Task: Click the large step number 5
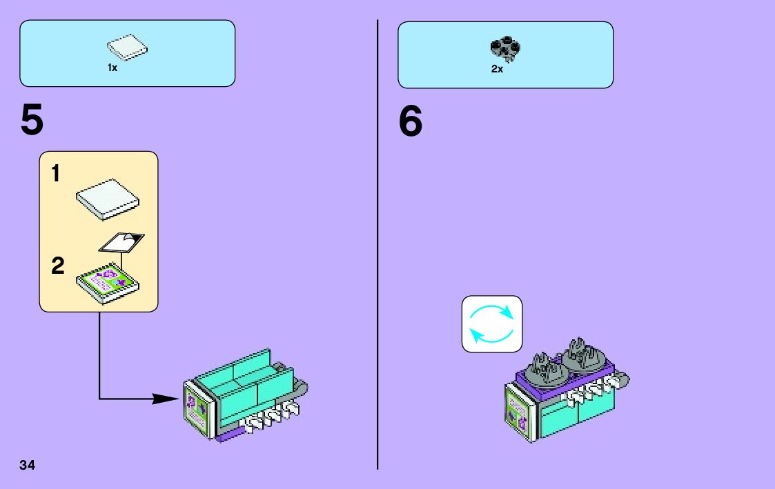tap(32, 122)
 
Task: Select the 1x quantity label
tap(112, 68)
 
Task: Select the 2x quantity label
tap(497, 69)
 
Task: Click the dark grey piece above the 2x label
tap(505, 47)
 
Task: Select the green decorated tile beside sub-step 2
tap(108, 281)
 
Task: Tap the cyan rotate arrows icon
tap(491, 323)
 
